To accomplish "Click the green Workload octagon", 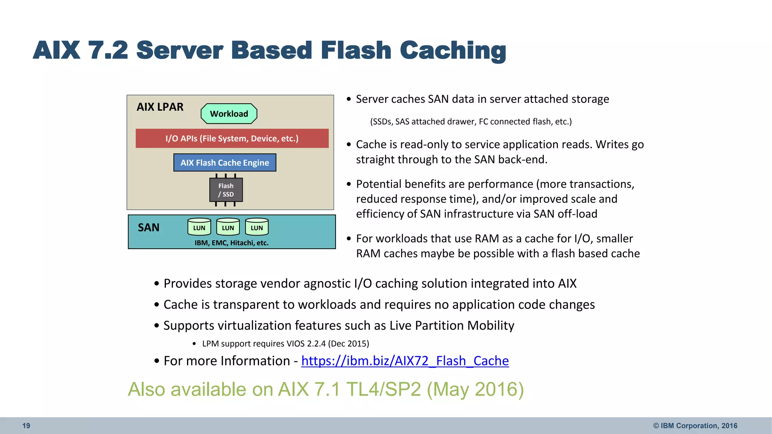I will [229, 114].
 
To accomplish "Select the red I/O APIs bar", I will [232, 138].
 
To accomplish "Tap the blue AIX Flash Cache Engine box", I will [225, 163].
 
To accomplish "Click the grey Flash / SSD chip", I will [226, 190].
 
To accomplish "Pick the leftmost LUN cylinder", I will [199, 227].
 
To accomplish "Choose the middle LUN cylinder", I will [228, 227].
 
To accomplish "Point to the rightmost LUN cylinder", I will [257, 227].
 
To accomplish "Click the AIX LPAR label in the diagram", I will [160, 107].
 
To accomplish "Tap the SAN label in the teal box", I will [149, 228].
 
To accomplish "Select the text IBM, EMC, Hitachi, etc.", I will [231, 243].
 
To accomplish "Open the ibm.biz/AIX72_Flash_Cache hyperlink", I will [405, 361].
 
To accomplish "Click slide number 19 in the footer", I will [26, 426].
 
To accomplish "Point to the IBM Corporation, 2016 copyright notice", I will [695, 426].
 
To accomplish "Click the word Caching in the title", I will [453, 50].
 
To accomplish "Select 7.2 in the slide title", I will [108, 50].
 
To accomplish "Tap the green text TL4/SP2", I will [383, 390].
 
